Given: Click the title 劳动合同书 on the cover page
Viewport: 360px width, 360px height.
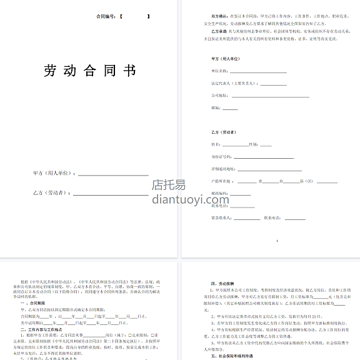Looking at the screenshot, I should click(x=90, y=71).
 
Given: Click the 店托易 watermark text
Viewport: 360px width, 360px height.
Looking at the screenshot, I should click(x=169, y=184).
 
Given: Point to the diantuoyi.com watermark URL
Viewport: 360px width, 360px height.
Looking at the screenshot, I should click(x=179, y=199).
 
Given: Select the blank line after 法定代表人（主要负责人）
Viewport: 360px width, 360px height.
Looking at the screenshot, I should click(x=272, y=84).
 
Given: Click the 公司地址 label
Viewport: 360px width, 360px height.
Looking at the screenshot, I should click(x=219, y=96).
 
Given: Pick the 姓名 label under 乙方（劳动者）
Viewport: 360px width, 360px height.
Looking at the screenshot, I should click(x=216, y=144).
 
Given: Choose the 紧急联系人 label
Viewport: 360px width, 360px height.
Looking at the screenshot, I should click(x=222, y=218).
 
